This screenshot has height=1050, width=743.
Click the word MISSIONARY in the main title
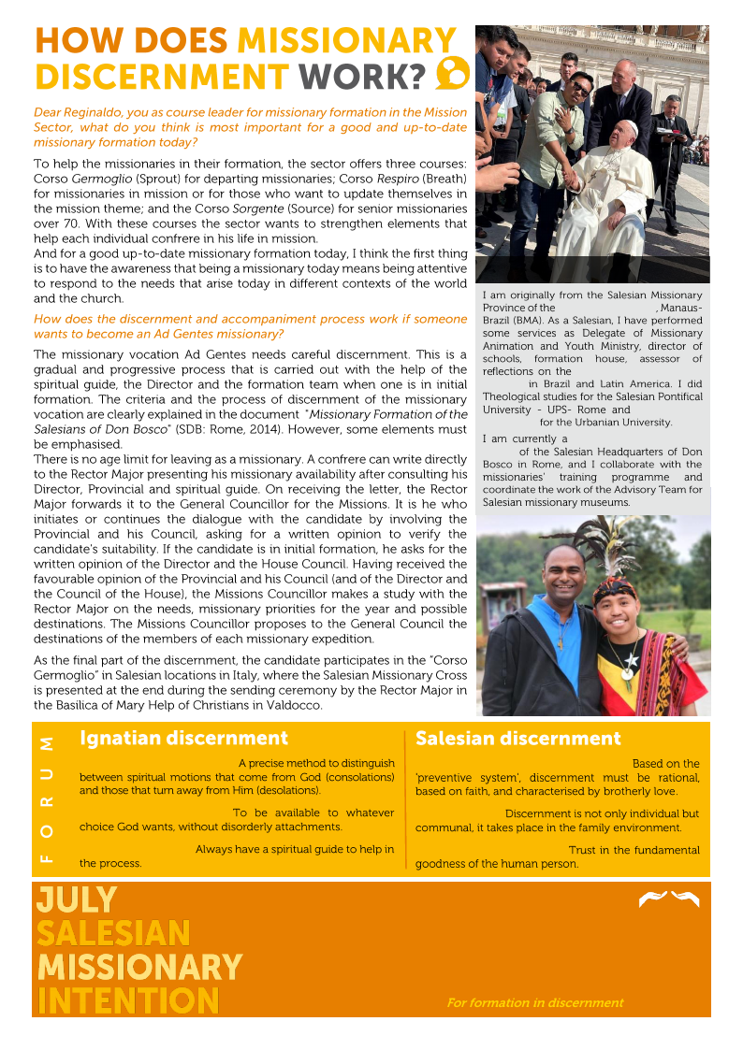pos(346,41)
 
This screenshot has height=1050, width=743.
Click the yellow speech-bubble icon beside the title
pos(453,72)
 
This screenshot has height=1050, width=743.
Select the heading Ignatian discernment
pos(183,739)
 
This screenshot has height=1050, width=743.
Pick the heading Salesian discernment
pos(517,739)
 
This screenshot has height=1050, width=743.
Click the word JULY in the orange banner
pos(77,900)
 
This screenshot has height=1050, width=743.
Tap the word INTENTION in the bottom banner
pos(127,1000)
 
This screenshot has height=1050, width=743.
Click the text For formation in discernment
pos(534,1002)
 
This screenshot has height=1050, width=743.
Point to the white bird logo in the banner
pos(668,899)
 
